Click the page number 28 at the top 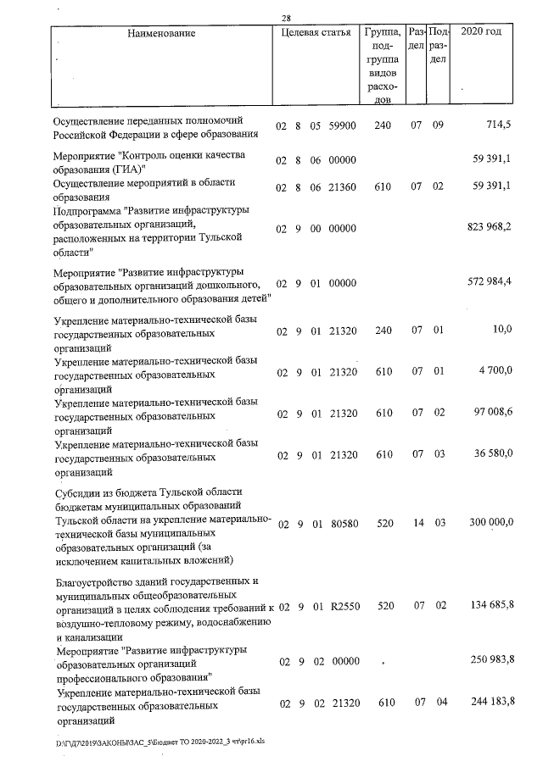click(286, 19)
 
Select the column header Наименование click(161, 34)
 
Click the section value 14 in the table click(417, 525)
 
